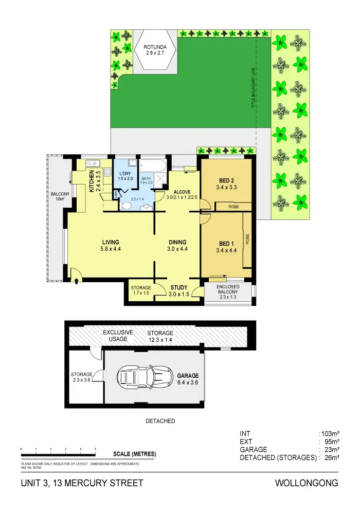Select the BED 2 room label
click(226, 180)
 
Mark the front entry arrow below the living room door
click(77, 280)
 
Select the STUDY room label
click(178, 287)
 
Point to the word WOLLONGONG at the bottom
click(307, 483)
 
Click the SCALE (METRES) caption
click(134, 454)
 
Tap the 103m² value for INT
click(330, 433)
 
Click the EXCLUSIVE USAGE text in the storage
click(118, 336)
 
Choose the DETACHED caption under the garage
click(160, 421)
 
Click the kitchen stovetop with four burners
click(109, 172)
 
